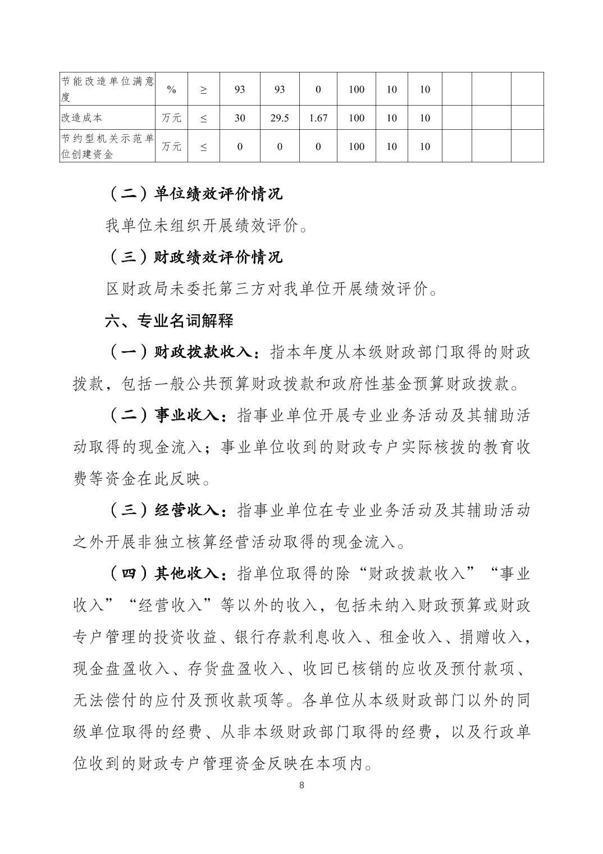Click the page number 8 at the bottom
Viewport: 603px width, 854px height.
coord(302,785)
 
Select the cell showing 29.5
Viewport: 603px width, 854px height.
coord(280,118)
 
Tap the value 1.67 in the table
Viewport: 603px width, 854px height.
coord(318,118)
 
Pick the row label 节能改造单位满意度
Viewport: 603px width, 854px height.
coord(107,89)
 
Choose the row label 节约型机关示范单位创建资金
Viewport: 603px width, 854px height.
coord(107,146)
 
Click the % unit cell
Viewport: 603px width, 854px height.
coord(171,89)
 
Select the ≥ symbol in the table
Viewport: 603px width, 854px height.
coord(203,89)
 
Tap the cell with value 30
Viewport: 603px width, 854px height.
coord(240,118)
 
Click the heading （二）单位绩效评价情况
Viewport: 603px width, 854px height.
coord(194,194)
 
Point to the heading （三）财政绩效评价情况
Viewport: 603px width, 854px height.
coord(194,257)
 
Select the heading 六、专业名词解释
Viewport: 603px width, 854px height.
coord(170,321)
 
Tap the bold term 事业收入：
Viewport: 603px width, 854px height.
coord(191,416)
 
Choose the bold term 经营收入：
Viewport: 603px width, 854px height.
coord(191,510)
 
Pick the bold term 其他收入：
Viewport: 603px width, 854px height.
coord(191,574)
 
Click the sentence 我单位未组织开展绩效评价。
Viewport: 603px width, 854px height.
coord(207,226)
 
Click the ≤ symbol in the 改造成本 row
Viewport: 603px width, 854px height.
coord(203,118)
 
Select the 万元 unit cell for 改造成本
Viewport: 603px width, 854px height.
coord(171,118)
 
